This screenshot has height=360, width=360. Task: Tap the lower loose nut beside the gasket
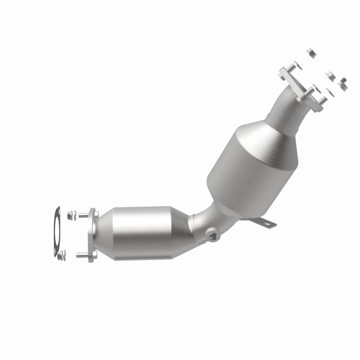(62, 255)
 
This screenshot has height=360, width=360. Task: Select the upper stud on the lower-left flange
(83, 215)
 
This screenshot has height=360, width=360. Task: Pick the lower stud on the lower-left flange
(81, 256)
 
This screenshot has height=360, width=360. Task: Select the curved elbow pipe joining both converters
(202, 220)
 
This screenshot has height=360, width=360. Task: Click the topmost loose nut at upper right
(310, 53)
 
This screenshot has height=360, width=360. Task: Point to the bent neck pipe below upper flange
(288, 108)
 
